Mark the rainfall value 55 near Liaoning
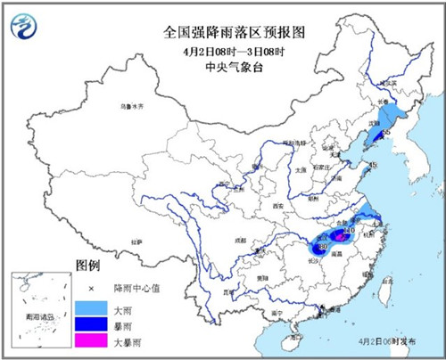click(x=386, y=133)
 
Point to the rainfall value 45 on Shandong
click(x=374, y=165)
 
